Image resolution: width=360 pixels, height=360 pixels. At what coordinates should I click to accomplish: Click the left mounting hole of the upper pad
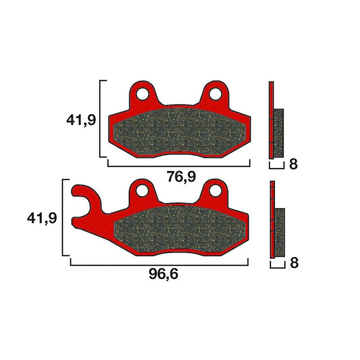coord(144,94)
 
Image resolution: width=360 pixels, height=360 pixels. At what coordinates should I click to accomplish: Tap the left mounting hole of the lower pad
coord(144,191)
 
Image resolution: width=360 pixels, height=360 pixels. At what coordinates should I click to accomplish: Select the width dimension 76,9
coord(181,177)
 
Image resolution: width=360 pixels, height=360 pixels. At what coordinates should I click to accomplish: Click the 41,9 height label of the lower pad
coord(42,218)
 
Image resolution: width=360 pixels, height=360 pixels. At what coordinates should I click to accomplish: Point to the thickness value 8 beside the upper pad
coord(293,164)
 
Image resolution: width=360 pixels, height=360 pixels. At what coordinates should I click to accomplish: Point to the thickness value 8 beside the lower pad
coord(293,263)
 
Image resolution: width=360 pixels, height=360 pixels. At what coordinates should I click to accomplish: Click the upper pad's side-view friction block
coord(279,133)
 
